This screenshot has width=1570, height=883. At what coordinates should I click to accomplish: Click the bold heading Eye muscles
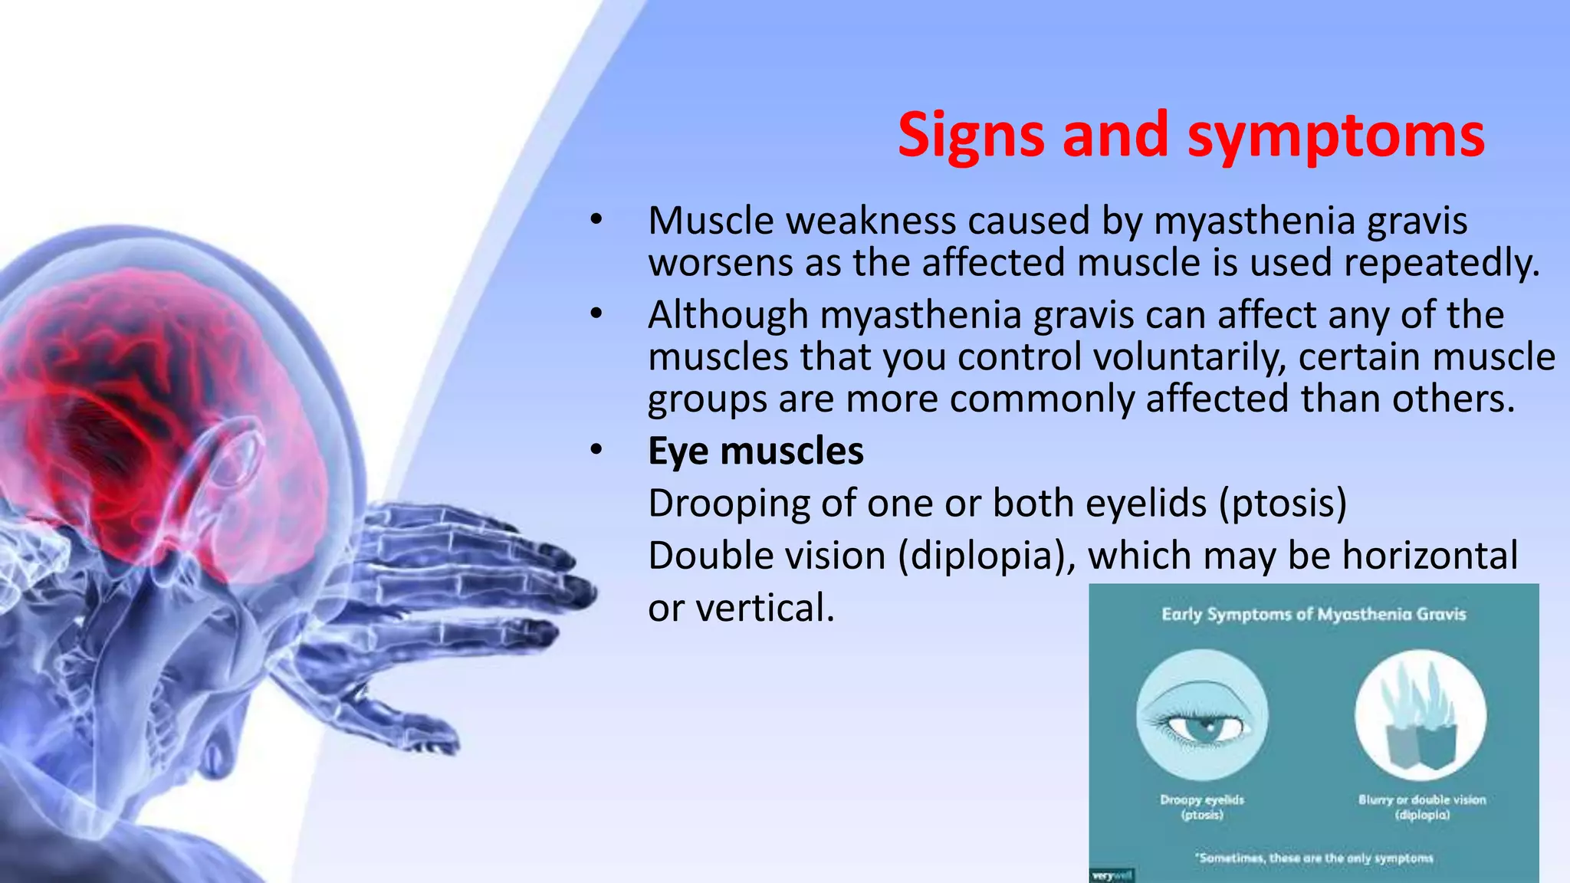755,451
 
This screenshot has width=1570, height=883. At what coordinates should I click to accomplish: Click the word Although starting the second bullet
728,315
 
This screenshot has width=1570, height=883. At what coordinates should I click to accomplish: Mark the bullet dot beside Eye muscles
596,451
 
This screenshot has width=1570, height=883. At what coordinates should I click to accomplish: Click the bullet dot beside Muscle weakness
596,221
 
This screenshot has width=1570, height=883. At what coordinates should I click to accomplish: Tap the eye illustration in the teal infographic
1201,715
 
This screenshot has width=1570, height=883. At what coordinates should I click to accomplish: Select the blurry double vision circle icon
1420,715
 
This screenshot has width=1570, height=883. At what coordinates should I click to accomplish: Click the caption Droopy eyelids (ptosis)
1201,806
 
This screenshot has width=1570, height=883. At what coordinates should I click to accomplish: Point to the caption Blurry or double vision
1421,800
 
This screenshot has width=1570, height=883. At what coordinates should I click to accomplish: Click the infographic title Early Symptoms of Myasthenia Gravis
1313,614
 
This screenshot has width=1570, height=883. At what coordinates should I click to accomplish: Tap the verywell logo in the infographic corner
1111,875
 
